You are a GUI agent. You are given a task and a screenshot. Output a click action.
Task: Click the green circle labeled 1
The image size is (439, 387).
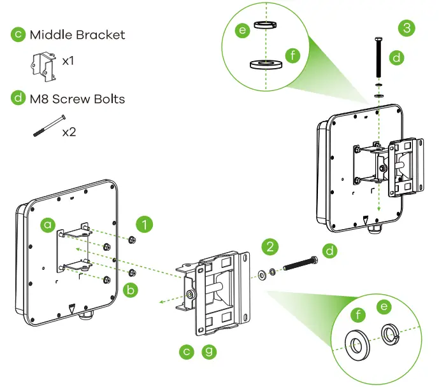(x=146, y=224)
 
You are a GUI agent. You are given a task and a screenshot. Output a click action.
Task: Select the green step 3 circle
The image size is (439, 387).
(x=407, y=28)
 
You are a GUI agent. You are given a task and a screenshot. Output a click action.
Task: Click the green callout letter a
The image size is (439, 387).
(x=47, y=224)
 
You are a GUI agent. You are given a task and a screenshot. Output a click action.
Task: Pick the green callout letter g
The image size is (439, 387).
(x=208, y=351)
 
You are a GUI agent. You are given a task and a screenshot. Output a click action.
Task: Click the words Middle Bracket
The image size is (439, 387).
(x=77, y=34)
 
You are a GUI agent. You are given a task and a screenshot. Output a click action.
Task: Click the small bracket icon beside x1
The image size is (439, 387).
(x=41, y=64)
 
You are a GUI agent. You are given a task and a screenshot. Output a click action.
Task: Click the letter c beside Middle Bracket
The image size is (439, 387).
(x=18, y=34)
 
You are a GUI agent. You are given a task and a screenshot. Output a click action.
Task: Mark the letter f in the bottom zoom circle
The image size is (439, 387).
(x=357, y=314)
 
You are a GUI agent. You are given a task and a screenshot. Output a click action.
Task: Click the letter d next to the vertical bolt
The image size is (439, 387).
(x=397, y=58)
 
